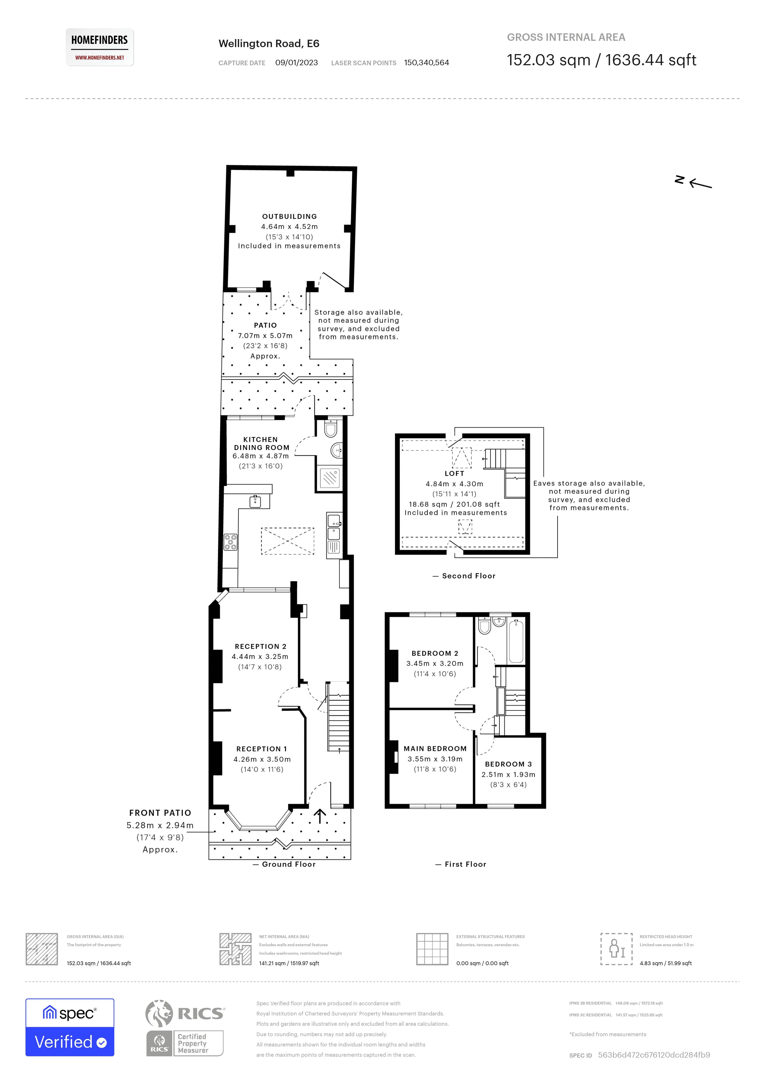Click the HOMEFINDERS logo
coord(99,47)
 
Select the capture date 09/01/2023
coord(296,63)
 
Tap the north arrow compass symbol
coord(693,182)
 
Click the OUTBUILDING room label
coord(289,216)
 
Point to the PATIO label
coord(265,325)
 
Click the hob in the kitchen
coord(230,542)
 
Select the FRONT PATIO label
coord(160,813)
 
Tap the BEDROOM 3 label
coord(508,764)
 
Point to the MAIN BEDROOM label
coord(435,748)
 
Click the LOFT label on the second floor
coord(454,473)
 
